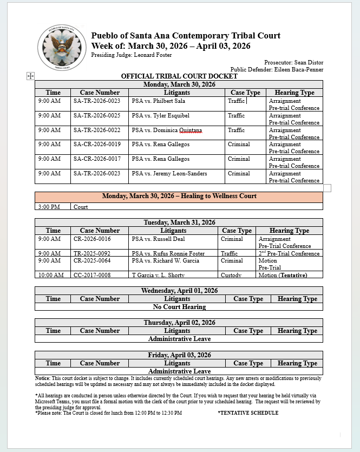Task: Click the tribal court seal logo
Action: [x=62, y=48]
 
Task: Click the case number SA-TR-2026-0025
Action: [x=97, y=116]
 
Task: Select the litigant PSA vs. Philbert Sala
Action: [x=158, y=101]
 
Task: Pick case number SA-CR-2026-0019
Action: [x=97, y=145]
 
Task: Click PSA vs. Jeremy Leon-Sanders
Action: [x=169, y=174]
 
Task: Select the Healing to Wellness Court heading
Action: [x=179, y=196]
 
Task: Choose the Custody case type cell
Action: [x=231, y=275]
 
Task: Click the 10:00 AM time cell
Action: [x=51, y=275]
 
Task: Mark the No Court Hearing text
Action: [x=179, y=307]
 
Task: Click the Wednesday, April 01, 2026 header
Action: [x=179, y=291]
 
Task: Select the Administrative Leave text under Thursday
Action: [x=179, y=339]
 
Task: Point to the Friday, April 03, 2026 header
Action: [x=179, y=355]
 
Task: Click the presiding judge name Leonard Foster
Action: [x=153, y=55]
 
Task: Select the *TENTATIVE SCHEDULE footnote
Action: [x=248, y=413]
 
